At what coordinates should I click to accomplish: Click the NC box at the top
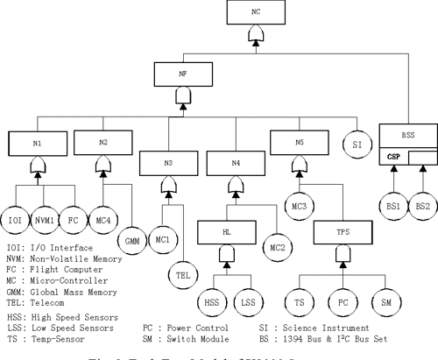coord(255,12)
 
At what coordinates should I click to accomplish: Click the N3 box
coord(166,161)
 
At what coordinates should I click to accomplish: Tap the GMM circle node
coord(133,238)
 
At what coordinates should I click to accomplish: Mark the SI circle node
coord(357,143)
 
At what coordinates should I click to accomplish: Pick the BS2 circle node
coord(423,206)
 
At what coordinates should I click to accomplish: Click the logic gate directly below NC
coord(255,36)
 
